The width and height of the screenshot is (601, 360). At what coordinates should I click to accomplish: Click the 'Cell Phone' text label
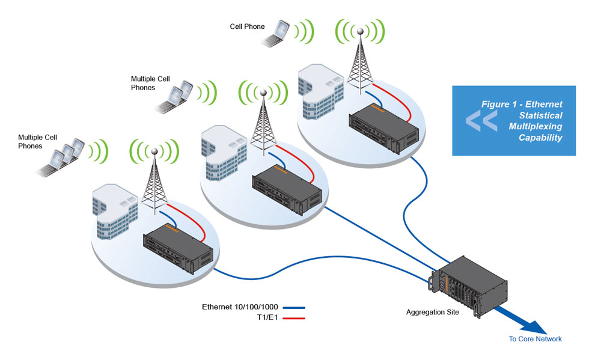247,26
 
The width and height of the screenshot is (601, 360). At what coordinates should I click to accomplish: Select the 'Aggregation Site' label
433,312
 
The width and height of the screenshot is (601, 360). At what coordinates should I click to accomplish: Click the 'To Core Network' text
535,339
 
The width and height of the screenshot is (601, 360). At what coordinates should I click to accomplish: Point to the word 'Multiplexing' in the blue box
535,126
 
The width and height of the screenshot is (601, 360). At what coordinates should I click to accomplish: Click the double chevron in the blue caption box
481,120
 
